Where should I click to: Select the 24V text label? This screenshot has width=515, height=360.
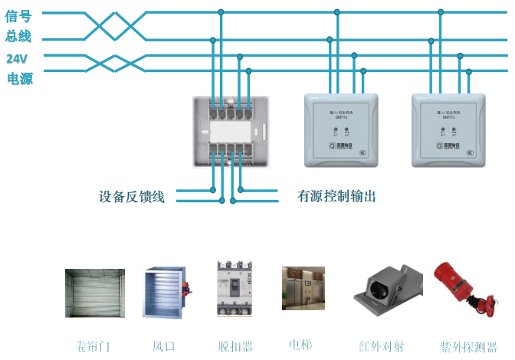pyautogui.click(x=17, y=58)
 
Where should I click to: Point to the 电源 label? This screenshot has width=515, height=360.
pyautogui.click(x=20, y=78)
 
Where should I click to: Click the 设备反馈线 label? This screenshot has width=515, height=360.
pyautogui.click(x=132, y=196)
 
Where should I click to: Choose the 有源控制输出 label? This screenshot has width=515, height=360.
pyautogui.click(x=336, y=196)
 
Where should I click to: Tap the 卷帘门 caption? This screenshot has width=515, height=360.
pyautogui.click(x=93, y=346)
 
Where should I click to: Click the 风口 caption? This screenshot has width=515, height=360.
pyautogui.click(x=164, y=346)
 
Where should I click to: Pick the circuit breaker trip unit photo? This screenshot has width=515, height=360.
pyautogui.click(x=234, y=286)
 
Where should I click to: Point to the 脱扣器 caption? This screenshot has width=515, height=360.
pyautogui.click(x=235, y=346)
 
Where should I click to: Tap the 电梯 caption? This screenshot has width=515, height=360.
pyautogui.click(x=300, y=344)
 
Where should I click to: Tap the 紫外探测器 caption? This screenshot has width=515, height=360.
pyautogui.click(x=468, y=346)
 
